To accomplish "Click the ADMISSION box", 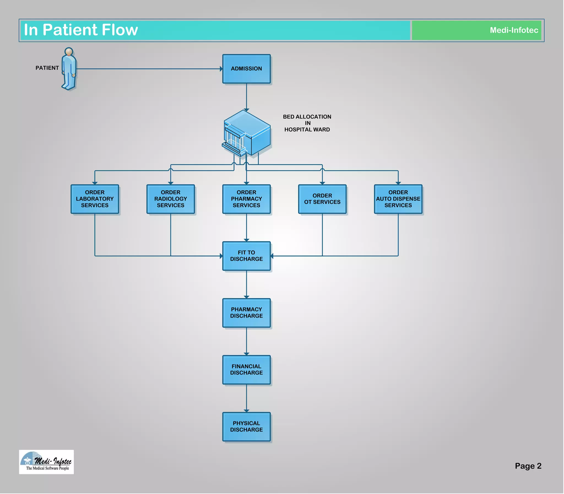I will click(x=246, y=69).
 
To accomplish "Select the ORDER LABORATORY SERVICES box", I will click(x=94, y=199).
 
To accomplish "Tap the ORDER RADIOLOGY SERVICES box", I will click(x=170, y=199).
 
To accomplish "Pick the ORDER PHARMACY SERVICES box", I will click(x=246, y=199).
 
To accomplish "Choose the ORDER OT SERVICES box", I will click(x=322, y=199).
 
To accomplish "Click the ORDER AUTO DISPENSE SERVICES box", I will click(x=398, y=199).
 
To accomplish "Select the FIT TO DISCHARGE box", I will click(x=246, y=256).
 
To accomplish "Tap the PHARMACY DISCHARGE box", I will click(x=246, y=313).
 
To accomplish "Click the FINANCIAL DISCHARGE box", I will click(x=246, y=370).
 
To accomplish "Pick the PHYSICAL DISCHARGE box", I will click(x=246, y=426).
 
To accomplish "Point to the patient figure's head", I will click(x=69, y=52).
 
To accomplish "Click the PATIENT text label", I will click(x=47, y=68).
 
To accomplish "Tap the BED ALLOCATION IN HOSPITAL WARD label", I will click(x=307, y=123).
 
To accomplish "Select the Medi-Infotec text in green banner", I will click(x=514, y=30).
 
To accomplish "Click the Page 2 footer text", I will click(x=528, y=466).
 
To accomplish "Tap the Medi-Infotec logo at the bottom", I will click(x=46, y=462).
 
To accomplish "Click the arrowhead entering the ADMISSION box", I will click(x=221, y=69).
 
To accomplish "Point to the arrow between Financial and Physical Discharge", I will click(x=246, y=398).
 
